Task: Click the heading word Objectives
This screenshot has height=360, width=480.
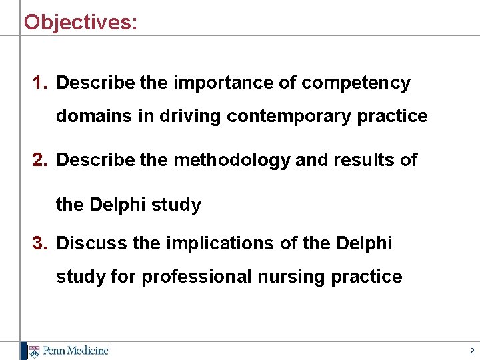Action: pos(80,22)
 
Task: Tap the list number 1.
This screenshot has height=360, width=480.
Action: pos(39,83)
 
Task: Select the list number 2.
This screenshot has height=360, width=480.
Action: pos(39,161)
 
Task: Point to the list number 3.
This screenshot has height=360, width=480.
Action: pos(39,243)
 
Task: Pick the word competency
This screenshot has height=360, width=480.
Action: pos(356,84)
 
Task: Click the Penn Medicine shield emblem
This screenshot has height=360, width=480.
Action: pos(33,351)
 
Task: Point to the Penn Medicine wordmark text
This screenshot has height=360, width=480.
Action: pos(75,351)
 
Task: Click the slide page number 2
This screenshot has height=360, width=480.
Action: pos(471,351)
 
